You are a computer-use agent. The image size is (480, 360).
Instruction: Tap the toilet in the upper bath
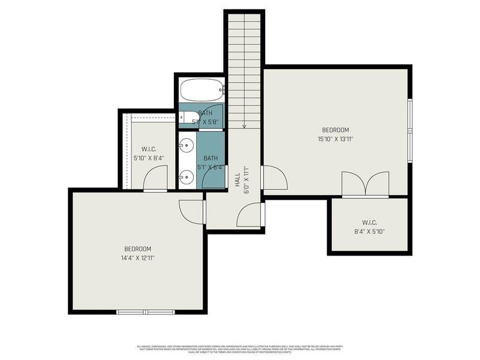187,117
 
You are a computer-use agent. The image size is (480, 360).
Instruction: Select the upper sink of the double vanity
187,145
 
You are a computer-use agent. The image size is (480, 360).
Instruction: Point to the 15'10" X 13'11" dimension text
335,139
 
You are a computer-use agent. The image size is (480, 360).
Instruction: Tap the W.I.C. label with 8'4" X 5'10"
369,231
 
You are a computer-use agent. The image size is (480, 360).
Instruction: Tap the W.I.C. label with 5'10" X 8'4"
149,158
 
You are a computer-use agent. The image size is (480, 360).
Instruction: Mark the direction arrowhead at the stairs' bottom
244,126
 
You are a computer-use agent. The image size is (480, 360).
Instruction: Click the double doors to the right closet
365,184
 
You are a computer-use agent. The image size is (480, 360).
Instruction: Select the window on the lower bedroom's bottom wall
145,311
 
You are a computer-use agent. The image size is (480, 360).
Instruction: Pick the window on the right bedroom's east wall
410,131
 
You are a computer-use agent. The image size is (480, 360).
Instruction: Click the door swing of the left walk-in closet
157,178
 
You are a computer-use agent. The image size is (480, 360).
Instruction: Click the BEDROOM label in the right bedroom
335,130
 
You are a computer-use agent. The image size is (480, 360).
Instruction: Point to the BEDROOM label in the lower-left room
137,248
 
